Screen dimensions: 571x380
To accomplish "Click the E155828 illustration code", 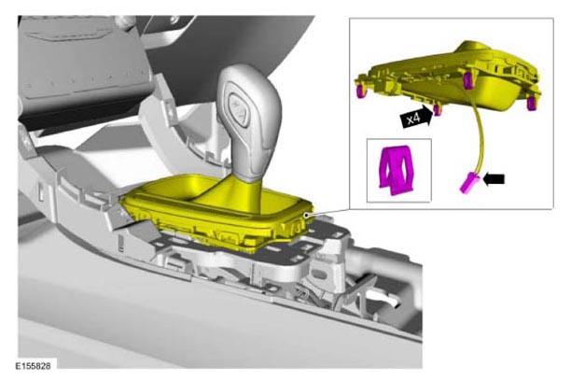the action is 34,366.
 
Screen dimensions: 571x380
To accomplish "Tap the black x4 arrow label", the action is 416,118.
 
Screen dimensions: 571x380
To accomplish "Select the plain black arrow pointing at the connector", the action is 494,179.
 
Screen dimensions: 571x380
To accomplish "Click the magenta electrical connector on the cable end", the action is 468,183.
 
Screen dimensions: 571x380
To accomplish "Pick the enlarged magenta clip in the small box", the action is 397,170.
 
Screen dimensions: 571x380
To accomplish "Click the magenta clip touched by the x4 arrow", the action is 438,109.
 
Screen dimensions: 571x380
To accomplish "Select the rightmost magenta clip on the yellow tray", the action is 532,103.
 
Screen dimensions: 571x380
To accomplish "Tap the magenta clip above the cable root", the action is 468,81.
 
